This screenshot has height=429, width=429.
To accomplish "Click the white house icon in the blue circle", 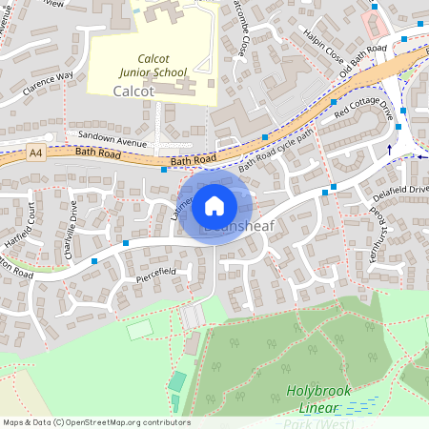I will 214,205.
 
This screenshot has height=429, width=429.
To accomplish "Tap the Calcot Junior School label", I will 152,65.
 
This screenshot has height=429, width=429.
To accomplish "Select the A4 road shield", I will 36,152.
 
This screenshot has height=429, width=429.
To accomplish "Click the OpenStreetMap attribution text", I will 95,421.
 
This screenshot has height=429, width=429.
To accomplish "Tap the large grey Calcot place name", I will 133,91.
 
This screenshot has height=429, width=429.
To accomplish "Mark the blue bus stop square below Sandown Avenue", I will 164,171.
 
